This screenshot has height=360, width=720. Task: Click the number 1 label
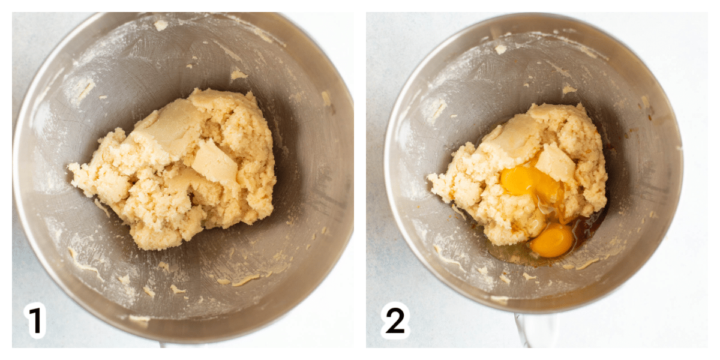[35, 320]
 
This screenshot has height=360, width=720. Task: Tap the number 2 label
[395, 320]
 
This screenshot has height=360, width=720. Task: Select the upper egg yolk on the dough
[518, 181]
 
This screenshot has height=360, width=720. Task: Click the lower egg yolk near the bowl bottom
[551, 240]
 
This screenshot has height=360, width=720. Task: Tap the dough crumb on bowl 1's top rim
[161, 25]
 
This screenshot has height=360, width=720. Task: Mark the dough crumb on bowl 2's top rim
[500, 49]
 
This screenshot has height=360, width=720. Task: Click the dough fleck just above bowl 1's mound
[239, 75]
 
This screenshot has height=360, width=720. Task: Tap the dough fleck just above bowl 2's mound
[569, 89]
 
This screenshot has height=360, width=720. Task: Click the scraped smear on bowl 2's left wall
[438, 109]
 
